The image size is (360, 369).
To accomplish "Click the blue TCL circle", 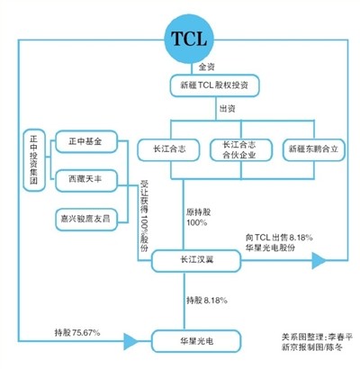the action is click(x=189, y=40).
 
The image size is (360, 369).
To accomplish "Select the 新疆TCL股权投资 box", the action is click(x=214, y=85).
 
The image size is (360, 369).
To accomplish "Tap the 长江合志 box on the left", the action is click(x=169, y=149).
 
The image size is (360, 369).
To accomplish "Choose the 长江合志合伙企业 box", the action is click(x=241, y=149).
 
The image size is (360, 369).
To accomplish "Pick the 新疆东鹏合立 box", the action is click(x=313, y=149).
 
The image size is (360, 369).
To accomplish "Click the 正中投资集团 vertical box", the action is click(x=34, y=160).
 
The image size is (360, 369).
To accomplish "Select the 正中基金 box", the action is click(x=86, y=141).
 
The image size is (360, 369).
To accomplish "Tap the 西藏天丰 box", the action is click(x=86, y=181).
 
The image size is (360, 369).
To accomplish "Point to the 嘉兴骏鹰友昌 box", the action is click(x=86, y=220).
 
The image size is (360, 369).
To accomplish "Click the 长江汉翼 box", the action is click(x=196, y=261).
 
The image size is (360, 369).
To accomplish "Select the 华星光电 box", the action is click(x=196, y=341).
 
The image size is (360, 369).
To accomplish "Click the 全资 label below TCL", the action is click(x=207, y=67).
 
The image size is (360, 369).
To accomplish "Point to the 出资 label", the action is click(x=227, y=109).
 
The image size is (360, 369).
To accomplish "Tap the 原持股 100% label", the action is click(x=198, y=218).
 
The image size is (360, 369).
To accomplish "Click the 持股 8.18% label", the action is click(x=207, y=301).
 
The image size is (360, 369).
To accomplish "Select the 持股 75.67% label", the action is click(x=77, y=332).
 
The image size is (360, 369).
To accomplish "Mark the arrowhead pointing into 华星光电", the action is click(x=131, y=341).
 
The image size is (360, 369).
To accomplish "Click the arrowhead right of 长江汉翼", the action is click(x=319, y=260).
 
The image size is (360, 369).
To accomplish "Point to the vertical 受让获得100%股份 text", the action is click(x=144, y=216).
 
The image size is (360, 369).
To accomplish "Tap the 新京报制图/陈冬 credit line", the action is click(x=312, y=347).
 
